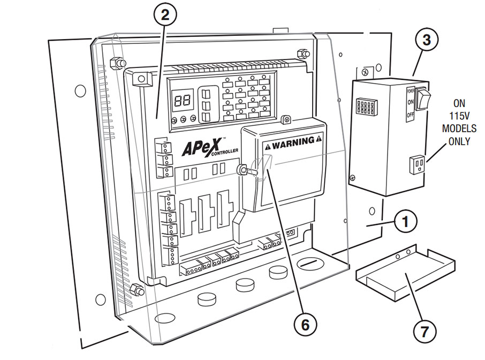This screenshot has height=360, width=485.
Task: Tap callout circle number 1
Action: pos(408,221)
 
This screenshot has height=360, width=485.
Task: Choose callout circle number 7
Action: pos(424,332)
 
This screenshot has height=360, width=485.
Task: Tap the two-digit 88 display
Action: pos(181,100)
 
